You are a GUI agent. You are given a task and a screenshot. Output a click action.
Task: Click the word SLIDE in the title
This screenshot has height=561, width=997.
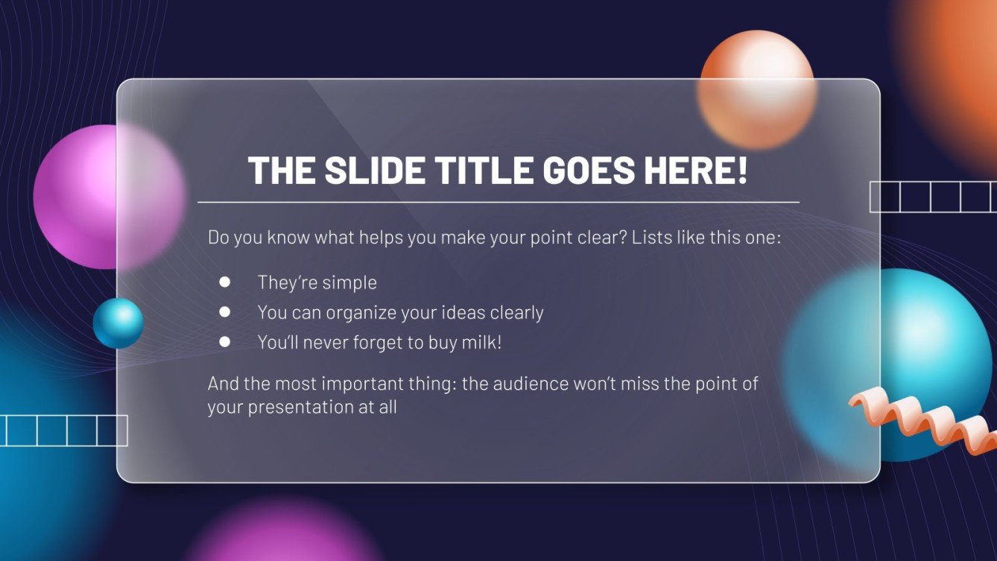tap(375, 170)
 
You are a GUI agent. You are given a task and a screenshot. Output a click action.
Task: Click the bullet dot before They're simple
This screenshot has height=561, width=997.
tap(225, 282)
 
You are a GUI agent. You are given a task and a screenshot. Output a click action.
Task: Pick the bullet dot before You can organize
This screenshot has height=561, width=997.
tap(225, 312)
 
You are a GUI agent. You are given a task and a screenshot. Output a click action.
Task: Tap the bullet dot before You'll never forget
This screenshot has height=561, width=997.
tap(225, 342)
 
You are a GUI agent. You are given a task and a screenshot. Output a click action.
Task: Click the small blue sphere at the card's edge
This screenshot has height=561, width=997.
tap(118, 323)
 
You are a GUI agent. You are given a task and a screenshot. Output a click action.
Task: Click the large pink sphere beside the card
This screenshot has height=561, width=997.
tap(110, 197)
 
